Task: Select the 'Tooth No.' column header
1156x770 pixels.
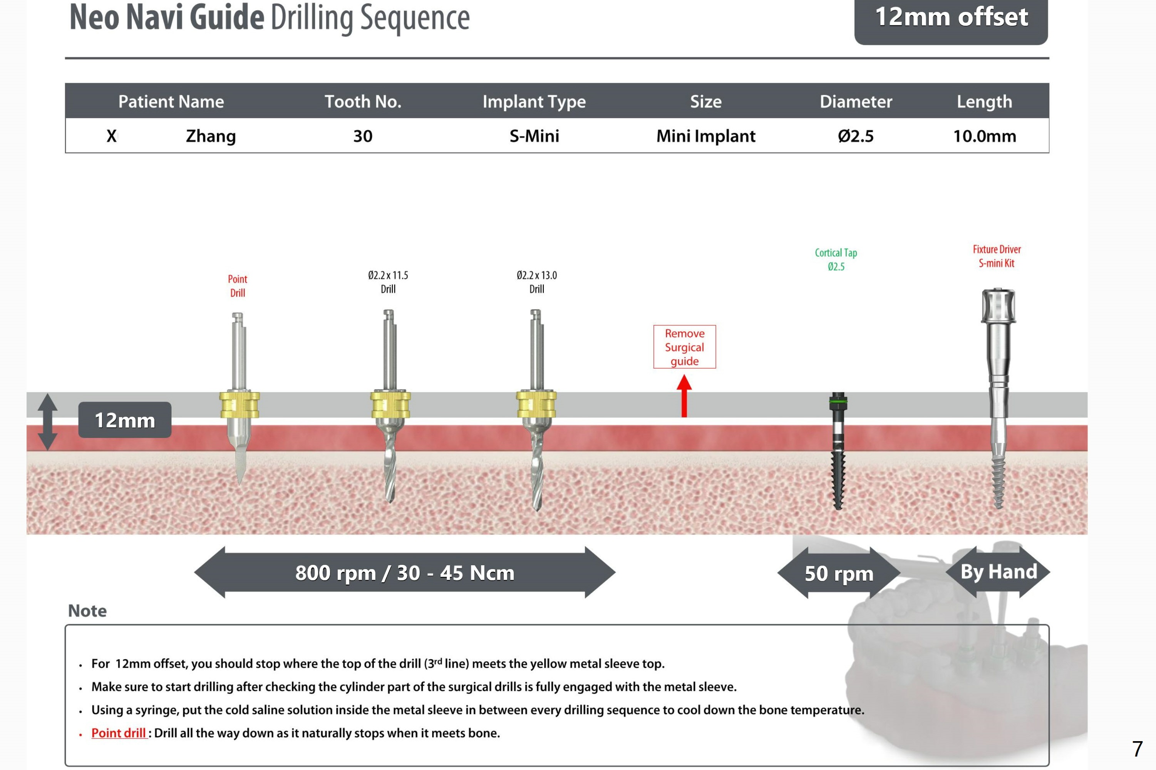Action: pos(363,101)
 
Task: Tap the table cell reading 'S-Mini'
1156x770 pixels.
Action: pos(534,136)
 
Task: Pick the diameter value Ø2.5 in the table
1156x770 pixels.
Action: pos(855,136)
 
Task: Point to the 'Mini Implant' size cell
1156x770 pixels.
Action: pos(705,136)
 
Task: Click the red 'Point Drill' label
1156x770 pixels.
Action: pos(237,286)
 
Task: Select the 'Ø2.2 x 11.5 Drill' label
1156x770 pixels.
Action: pos(388,282)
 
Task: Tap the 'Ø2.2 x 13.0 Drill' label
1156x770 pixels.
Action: pos(536,282)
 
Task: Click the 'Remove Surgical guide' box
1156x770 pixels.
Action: pos(684,347)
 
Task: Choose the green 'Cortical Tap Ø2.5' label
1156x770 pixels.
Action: pos(836,259)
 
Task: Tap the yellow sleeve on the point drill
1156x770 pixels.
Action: pos(239,404)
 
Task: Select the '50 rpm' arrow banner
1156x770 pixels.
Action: pos(839,573)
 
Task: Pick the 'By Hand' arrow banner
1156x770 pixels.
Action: pos(998,571)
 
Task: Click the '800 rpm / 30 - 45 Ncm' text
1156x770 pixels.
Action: pos(404,573)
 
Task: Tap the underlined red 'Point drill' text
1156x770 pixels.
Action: pos(118,733)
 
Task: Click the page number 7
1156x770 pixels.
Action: pos(1137,749)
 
